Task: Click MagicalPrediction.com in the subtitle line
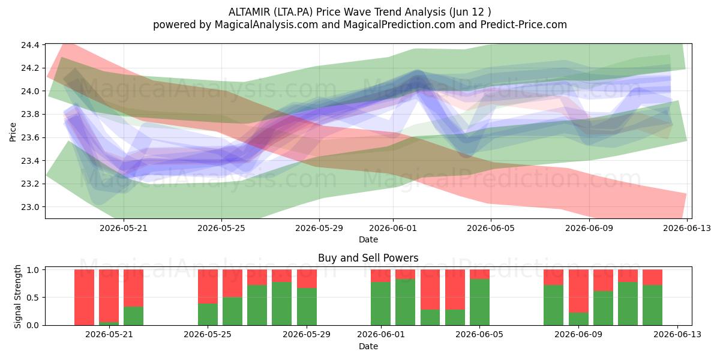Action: (399, 25)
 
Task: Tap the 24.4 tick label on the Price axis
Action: (30, 45)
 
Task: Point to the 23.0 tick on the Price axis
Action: (30, 207)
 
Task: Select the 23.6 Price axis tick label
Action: (30, 137)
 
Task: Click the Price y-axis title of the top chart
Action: (13, 132)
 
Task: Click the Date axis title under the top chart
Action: (368, 239)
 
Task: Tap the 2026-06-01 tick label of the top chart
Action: (393, 228)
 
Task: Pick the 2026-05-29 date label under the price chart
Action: (319, 228)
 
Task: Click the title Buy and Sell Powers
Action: (368, 258)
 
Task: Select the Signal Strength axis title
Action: (17, 296)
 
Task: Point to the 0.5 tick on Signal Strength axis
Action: (33, 298)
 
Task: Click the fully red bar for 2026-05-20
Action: (84, 298)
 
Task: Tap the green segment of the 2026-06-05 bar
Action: (479, 302)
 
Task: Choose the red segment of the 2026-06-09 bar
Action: (578, 291)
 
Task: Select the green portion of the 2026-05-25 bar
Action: (208, 314)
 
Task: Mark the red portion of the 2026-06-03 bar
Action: (430, 290)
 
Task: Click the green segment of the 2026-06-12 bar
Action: (653, 305)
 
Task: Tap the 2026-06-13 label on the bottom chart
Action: (677, 335)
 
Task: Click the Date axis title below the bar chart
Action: (368, 346)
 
